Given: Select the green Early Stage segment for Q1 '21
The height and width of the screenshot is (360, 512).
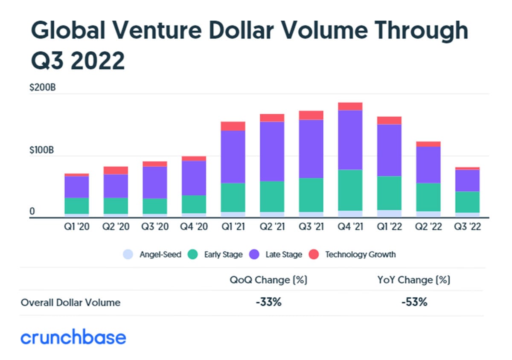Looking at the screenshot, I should [x=233, y=197].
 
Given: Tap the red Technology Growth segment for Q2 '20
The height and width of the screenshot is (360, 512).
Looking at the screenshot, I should [x=116, y=170].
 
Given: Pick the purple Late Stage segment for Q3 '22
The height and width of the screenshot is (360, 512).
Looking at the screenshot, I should [x=467, y=180].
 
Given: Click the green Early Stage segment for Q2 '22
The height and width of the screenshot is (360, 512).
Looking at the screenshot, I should [x=428, y=197].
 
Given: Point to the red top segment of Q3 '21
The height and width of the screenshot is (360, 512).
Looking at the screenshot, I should [x=311, y=115].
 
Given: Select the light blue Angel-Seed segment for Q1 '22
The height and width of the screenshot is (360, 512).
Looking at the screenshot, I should [x=389, y=213].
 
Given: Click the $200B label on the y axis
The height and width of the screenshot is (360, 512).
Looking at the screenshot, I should [x=43, y=88].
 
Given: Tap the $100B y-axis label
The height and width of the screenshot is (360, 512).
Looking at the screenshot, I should [x=43, y=150].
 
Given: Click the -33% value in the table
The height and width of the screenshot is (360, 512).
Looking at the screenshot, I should [x=269, y=302].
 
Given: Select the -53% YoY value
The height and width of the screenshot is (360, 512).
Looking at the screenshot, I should [x=414, y=302].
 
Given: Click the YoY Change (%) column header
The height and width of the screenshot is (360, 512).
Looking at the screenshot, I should [x=414, y=280].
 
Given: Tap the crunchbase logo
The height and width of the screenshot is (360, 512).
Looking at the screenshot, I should [x=73, y=337].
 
